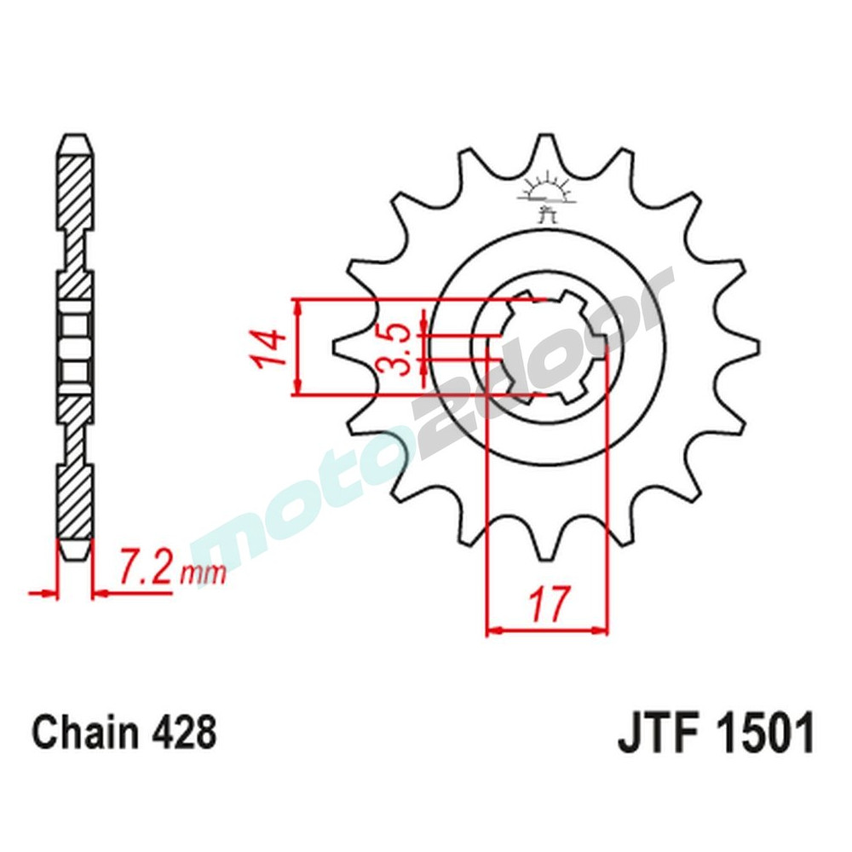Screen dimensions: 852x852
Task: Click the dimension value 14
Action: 268,348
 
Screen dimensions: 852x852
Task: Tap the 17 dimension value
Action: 547,604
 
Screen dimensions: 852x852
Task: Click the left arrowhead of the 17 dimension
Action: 492,631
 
